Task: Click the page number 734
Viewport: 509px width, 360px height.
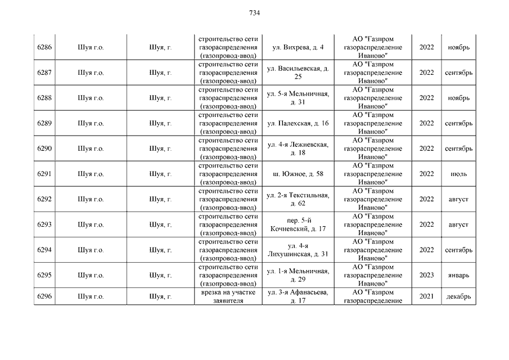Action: [254, 13]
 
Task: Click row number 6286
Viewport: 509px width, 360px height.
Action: [44, 47]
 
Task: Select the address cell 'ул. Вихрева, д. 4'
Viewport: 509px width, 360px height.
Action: [298, 47]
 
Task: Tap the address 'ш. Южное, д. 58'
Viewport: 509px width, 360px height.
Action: [298, 174]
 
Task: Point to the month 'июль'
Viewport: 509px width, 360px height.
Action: [458, 174]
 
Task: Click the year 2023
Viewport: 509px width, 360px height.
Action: [427, 275]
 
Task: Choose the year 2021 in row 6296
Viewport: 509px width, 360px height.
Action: [427, 296]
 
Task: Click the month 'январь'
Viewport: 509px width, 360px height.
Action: [458, 275]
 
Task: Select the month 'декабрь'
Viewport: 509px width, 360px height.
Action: [458, 296]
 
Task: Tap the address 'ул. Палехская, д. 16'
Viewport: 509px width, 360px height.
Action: [298, 123]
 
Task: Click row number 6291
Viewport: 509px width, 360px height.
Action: [44, 174]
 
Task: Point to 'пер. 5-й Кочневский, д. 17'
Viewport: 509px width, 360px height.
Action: [298, 224]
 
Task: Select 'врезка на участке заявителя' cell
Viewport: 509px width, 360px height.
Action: [228, 296]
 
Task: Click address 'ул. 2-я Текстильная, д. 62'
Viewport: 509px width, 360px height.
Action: [298, 199]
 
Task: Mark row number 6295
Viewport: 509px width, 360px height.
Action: [44, 275]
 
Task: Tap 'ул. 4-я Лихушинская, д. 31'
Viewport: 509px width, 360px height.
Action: [298, 250]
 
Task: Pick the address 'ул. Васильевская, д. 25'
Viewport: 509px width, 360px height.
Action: [298, 73]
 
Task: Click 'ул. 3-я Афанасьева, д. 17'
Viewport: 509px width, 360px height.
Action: [298, 296]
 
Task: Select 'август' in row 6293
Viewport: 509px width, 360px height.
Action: [458, 224]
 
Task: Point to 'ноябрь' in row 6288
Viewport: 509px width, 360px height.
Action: [458, 98]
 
